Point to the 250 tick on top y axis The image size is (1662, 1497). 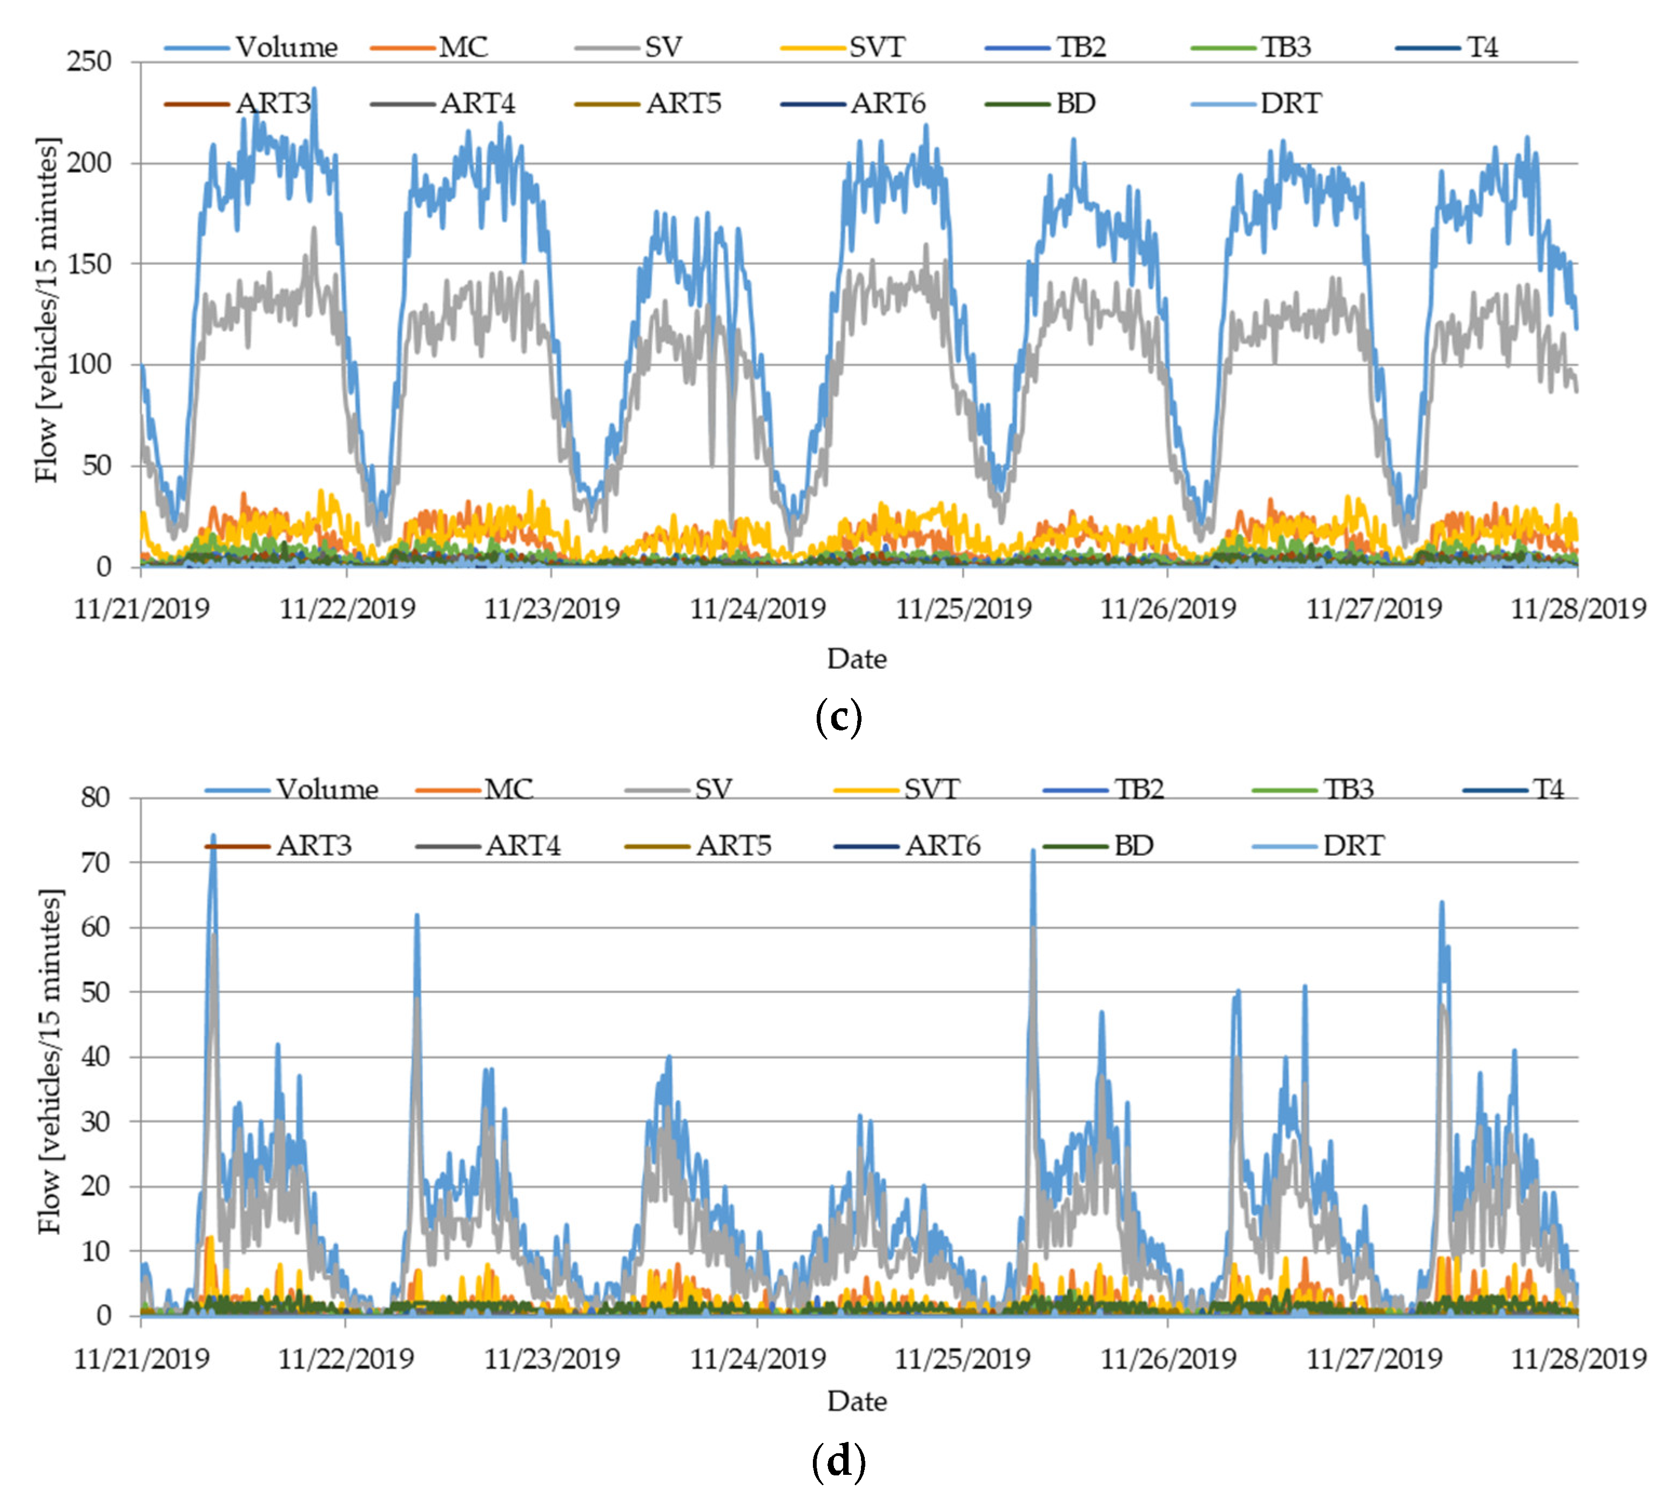(x=89, y=62)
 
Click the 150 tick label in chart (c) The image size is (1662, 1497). (x=89, y=264)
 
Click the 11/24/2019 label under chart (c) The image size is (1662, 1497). (x=757, y=609)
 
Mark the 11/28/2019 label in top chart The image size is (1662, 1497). (x=1577, y=609)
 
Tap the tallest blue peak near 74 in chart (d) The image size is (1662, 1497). (x=213, y=836)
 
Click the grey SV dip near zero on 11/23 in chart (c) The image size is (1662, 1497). (x=731, y=526)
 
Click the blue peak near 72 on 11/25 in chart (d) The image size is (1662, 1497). (x=1033, y=852)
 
